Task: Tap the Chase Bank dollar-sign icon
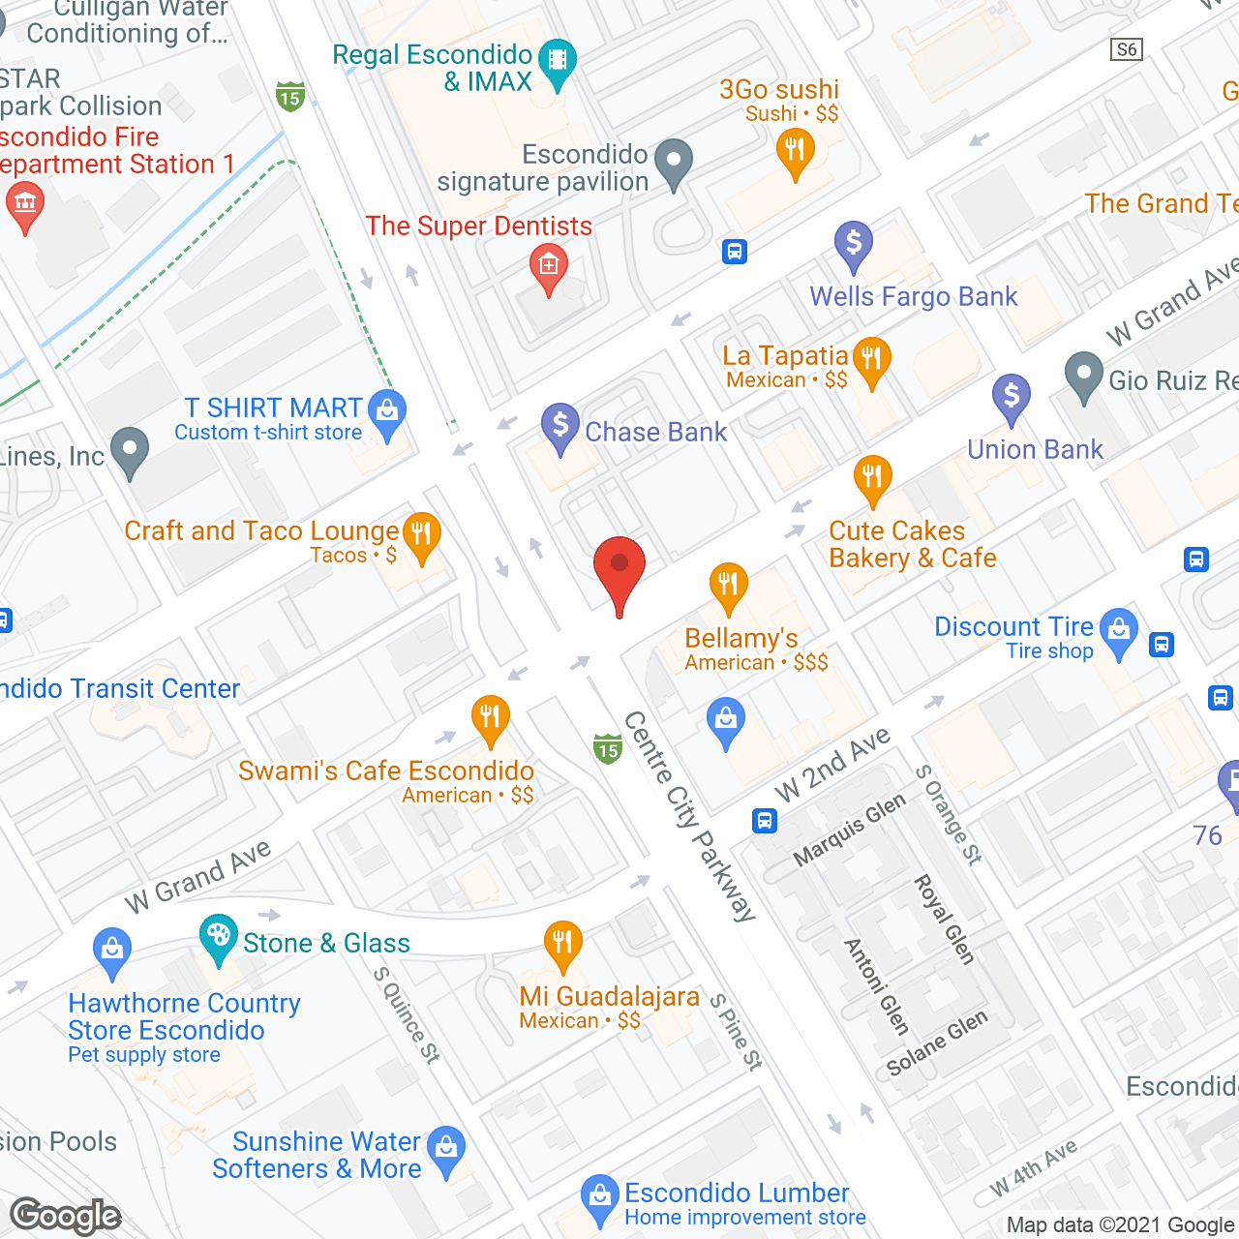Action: (x=559, y=425)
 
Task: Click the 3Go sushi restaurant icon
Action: (x=795, y=151)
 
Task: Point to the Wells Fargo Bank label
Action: (x=913, y=296)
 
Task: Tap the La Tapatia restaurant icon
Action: (x=871, y=359)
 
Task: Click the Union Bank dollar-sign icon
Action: (x=1011, y=396)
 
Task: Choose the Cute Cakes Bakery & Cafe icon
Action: (x=872, y=477)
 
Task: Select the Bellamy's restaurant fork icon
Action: (x=728, y=585)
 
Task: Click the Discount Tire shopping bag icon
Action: (x=1119, y=629)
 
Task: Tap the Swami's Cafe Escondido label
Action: (x=386, y=771)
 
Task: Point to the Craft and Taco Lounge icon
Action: (x=421, y=533)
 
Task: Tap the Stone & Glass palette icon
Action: (x=219, y=936)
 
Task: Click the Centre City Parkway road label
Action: (x=689, y=816)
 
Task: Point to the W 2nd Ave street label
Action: (x=832, y=765)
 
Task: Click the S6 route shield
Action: (x=1127, y=49)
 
